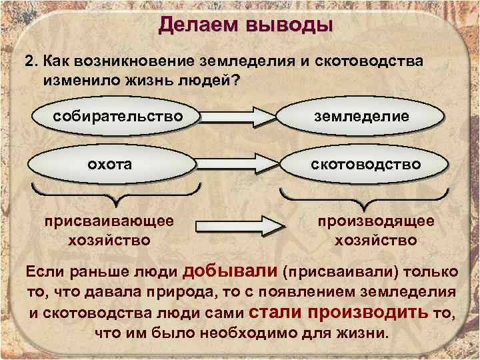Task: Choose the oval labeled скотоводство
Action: (361, 163)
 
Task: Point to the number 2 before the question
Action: (29, 61)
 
